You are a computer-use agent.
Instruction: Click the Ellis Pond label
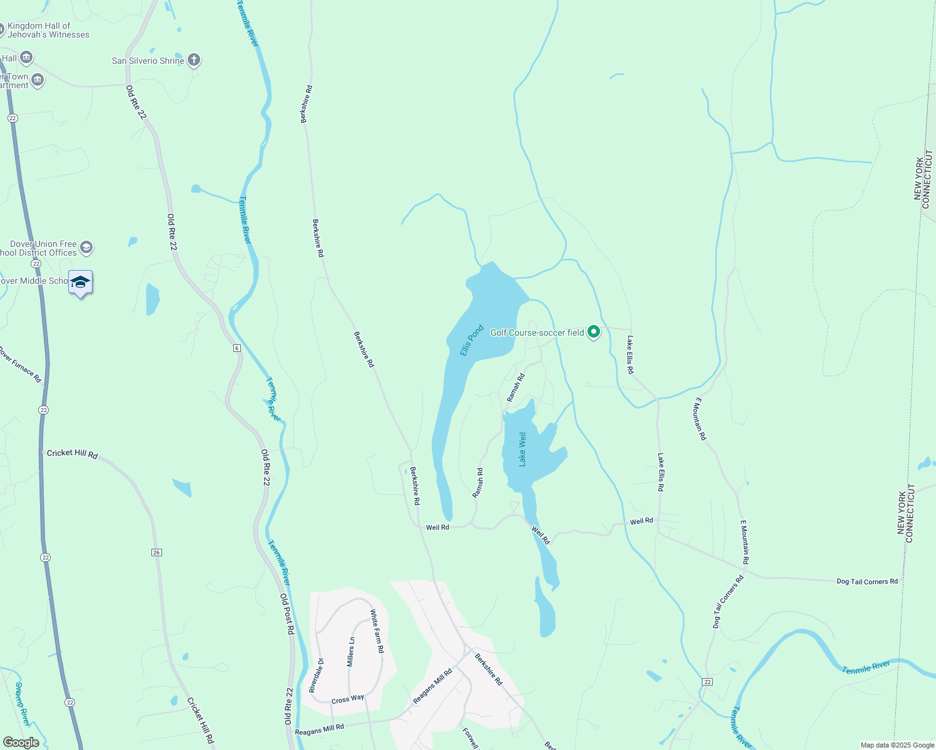[x=472, y=340]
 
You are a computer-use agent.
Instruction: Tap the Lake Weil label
[x=522, y=449]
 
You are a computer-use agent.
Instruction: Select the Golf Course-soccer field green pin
[x=594, y=332]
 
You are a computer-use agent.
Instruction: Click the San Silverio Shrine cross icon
[x=194, y=60]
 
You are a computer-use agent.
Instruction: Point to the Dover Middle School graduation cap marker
[x=80, y=282]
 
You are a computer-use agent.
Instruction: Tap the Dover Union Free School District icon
[x=86, y=247]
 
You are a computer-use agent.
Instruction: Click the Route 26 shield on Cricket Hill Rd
[x=156, y=552]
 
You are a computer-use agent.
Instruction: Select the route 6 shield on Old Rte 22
[x=237, y=347]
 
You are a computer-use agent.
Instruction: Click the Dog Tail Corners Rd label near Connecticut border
[x=867, y=581]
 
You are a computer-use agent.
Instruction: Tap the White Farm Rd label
[x=377, y=631]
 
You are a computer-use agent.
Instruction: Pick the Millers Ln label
[x=351, y=652]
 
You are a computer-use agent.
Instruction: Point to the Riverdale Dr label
[x=316, y=675]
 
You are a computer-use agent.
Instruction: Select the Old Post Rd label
[x=287, y=614]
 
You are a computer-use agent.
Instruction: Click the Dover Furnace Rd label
[x=20, y=364]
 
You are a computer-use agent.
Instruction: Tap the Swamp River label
[x=22, y=704]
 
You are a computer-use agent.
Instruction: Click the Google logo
[x=21, y=742]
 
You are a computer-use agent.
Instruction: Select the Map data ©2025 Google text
[x=897, y=745]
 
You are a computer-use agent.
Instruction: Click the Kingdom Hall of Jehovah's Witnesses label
[x=48, y=30]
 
